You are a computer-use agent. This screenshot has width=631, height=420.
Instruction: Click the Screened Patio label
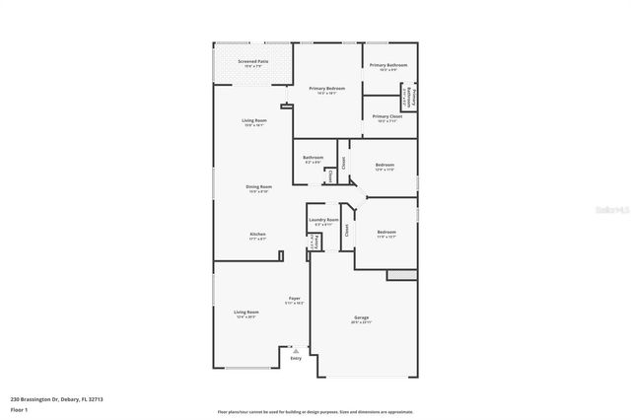[253, 62]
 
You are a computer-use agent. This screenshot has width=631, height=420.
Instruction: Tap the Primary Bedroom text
[326, 89]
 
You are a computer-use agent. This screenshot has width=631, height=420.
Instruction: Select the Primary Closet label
[387, 116]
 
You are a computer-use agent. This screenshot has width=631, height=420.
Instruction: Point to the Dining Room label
[259, 186]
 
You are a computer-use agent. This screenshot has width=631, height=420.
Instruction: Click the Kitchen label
[257, 234]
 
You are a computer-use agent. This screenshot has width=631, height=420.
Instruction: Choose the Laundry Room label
[323, 219]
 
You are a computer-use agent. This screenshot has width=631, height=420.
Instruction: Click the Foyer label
[294, 298]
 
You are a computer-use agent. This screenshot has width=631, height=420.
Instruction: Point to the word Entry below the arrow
[296, 358]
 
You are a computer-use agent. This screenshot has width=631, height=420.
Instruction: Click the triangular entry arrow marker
[295, 349]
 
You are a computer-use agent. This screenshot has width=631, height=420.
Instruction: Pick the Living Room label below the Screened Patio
[254, 120]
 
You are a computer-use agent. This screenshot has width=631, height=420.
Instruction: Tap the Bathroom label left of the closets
[314, 157]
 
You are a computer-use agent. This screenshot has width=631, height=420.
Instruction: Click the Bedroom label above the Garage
[386, 232]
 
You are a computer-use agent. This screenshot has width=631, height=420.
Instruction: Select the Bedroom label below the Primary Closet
[385, 165]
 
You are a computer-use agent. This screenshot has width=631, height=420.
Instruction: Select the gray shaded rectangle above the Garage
[401, 274]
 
